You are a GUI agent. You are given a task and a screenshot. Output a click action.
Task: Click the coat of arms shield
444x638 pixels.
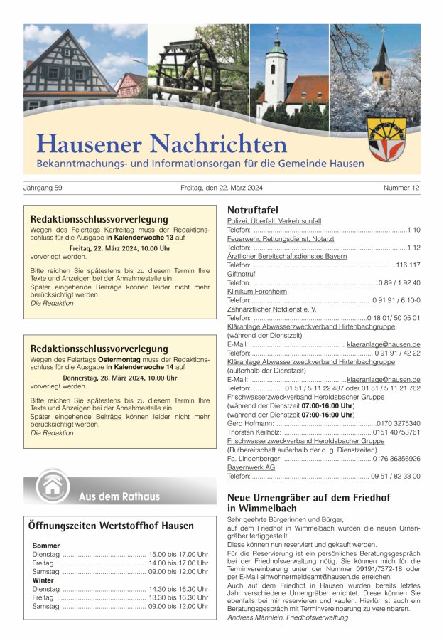coord(386,139)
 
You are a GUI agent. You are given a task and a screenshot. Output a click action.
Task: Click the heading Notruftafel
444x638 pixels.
coord(252,211)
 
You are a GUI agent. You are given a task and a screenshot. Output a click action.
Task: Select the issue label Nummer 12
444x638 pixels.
coord(401,188)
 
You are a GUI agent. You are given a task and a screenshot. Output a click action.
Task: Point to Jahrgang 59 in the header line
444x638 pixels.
coord(43,188)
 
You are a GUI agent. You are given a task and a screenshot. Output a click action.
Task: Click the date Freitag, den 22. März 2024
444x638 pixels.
coord(222,188)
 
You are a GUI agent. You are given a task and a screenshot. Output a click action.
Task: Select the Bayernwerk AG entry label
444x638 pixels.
coord(251,467)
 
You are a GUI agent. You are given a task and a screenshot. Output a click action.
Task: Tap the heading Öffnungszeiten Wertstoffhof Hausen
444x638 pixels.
coord(111,526)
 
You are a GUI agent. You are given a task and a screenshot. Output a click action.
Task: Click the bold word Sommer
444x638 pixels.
coord(46,546)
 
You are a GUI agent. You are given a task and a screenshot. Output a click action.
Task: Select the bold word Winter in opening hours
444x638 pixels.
coord(43,580)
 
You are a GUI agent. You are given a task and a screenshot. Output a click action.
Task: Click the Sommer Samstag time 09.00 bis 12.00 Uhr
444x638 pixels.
coord(178,572)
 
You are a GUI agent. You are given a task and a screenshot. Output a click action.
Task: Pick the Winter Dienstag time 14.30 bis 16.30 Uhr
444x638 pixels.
coord(178,589)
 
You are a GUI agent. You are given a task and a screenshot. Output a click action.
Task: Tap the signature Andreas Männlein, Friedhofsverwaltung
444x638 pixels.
coord(288,617)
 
